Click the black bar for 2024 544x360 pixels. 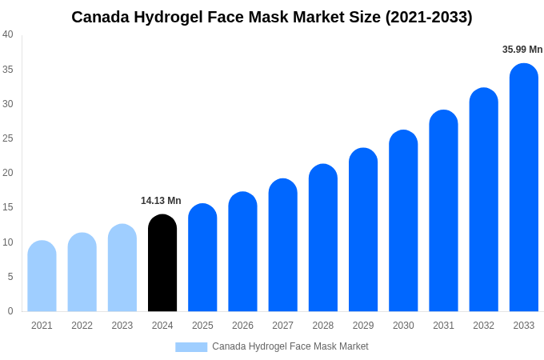(x=162, y=263)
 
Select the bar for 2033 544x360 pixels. (x=524, y=187)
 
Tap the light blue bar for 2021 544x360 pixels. (x=42, y=276)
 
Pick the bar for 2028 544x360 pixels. (x=323, y=238)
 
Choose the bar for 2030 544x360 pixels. (x=403, y=221)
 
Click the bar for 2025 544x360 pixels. (x=202, y=258)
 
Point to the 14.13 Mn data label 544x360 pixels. (x=161, y=201)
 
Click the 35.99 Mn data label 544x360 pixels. (x=522, y=50)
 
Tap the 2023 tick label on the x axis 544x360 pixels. (x=122, y=326)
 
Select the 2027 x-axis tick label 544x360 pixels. (x=282, y=326)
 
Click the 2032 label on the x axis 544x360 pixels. (x=483, y=326)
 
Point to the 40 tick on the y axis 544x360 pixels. (x=8, y=34)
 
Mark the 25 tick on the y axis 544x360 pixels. (x=8, y=138)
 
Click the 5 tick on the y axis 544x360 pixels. (x=10, y=277)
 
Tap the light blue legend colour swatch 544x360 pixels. (x=191, y=347)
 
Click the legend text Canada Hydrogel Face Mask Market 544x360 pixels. (x=290, y=346)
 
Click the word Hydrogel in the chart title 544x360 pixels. (x=159, y=17)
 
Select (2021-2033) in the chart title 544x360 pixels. (x=429, y=17)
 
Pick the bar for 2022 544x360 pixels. (x=82, y=272)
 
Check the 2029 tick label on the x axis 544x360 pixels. (x=363, y=326)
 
